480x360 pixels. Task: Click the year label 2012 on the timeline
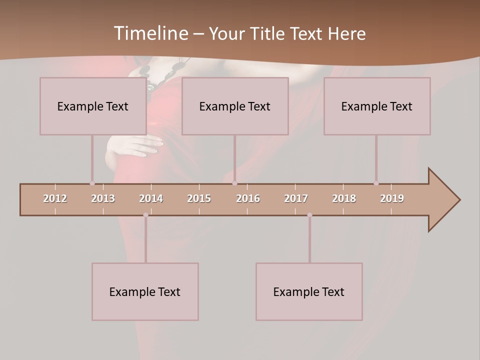pyautogui.click(x=55, y=198)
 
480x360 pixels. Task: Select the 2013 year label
pyautogui.click(x=103, y=198)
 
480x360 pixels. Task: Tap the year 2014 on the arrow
pyautogui.click(x=151, y=198)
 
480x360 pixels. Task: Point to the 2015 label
pyautogui.click(x=199, y=198)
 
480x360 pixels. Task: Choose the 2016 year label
pyautogui.click(x=248, y=198)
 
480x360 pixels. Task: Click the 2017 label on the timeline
pyautogui.click(x=296, y=198)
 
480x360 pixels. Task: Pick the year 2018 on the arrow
pyautogui.click(x=344, y=198)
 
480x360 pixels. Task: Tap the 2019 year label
pyautogui.click(x=392, y=198)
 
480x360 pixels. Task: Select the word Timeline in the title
pyautogui.click(x=150, y=33)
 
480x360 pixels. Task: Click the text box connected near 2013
pyautogui.click(x=93, y=106)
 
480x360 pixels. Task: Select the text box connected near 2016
pyautogui.click(x=235, y=106)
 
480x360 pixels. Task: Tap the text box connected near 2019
pyautogui.click(x=377, y=106)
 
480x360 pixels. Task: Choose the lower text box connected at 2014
pyautogui.click(x=145, y=291)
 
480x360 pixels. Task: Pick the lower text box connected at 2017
pyautogui.click(x=309, y=291)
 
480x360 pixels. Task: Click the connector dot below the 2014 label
pyautogui.click(x=145, y=215)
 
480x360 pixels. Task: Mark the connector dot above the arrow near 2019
pyautogui.click(x=376, y=183)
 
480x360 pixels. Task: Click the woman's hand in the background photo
pyautogui.click(x=137, y=145)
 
